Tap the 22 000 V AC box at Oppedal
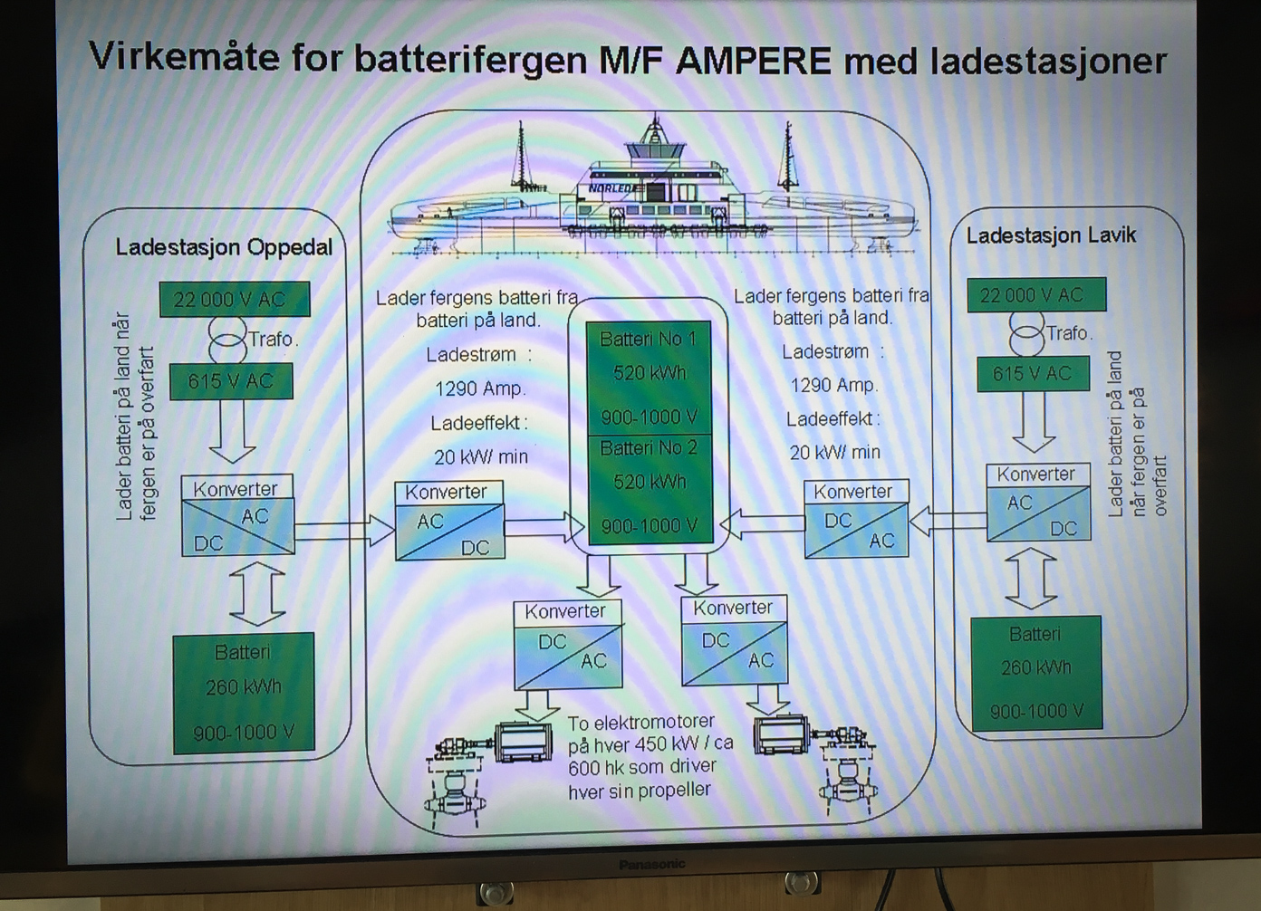[x=234, y=300]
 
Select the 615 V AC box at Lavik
[x=1032, y=373]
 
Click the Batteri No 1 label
[x=648, y=340]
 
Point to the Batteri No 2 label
[x=649, y=448]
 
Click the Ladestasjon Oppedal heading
[x=224, y=247]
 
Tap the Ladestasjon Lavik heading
[x=1051, y=236]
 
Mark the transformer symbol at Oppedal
[x=226, y=340]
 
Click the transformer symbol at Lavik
[x=1026, y=333]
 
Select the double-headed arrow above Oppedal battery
[x=257, y=593]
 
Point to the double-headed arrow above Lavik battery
[x=1031, y=579]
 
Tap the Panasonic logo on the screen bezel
[x=651, y=865]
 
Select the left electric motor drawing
[x=524, y=742]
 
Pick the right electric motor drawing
[x=781, y=734]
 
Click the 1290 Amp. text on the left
[x=480, y=388]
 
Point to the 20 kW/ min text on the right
[x=834, y=452]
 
